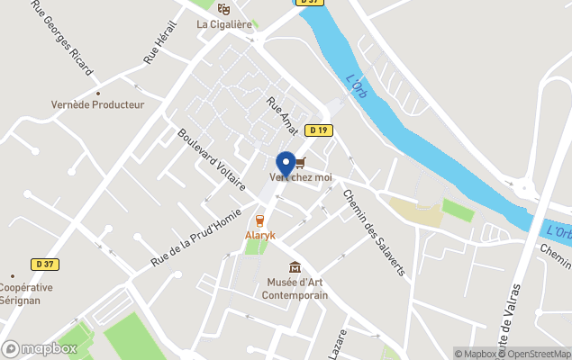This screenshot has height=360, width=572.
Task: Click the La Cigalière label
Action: coord(224,24)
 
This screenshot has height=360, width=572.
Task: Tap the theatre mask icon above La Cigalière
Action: coord(224,9)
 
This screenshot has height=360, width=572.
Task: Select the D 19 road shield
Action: coord(318,130)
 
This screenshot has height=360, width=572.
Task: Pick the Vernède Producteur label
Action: coord(97,104)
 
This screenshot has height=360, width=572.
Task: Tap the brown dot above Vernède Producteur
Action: coord(97,93)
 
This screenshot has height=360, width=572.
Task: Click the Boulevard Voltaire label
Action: coord(212,159)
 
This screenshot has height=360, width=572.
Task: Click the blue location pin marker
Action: coord(286,164)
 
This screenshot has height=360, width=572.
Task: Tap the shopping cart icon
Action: coord(300,163)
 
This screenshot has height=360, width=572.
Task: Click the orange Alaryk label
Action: coord(259,235)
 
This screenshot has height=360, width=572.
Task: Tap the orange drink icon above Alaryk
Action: coord(259,220)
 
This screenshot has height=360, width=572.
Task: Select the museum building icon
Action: coord(294,267)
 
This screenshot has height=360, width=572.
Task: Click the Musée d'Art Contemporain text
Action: coord(294,288)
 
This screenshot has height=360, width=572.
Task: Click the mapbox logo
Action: coord(40,348)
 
